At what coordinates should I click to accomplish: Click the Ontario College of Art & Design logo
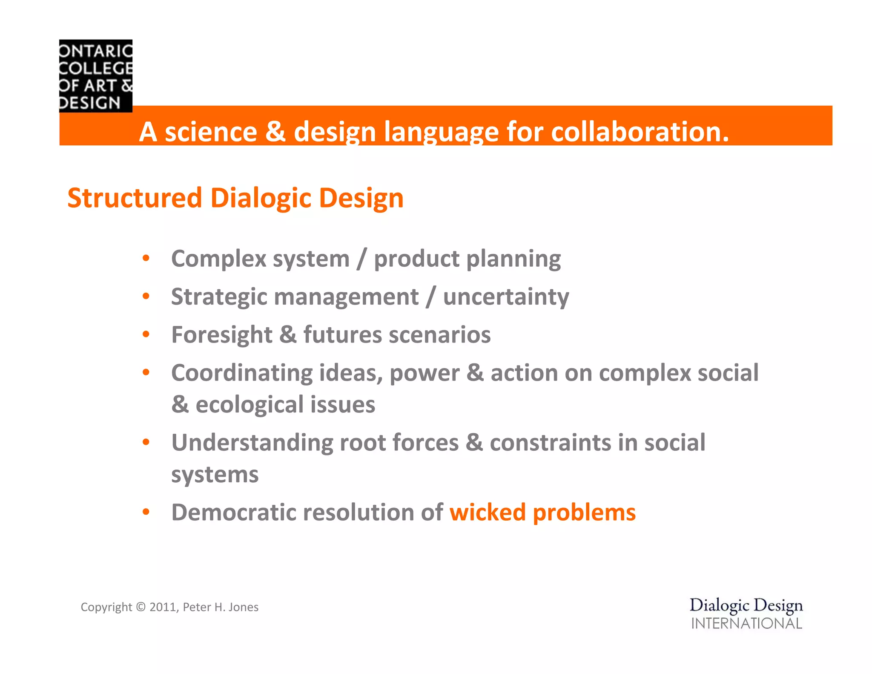pyautogui.click(x=96, y=76)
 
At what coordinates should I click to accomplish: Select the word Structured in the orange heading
pyautogui.click(x=135, y=198)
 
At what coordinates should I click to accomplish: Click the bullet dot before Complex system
pyautogui.click(x=146, y=258)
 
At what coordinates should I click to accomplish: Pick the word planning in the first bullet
pyautogui.click(x=513, y=259)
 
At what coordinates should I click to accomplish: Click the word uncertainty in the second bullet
pyautogui.click(x=506, y=297)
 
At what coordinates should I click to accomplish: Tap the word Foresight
pyautogui.click(x=221, y=335)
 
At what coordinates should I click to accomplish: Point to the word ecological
pyautogui.click(x=249, y=405)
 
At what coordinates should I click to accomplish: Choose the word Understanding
pyautogui.click(x=252, y=443)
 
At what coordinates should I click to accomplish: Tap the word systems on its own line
pyautogui.click(x=215, y=475)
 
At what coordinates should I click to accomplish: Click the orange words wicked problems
pyautogui.click(x=542, y=513)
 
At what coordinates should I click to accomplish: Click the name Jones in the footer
pyautogui.click(x=244, y=607)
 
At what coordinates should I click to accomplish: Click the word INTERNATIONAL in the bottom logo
pyautogui.click(x=746, y=624)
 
